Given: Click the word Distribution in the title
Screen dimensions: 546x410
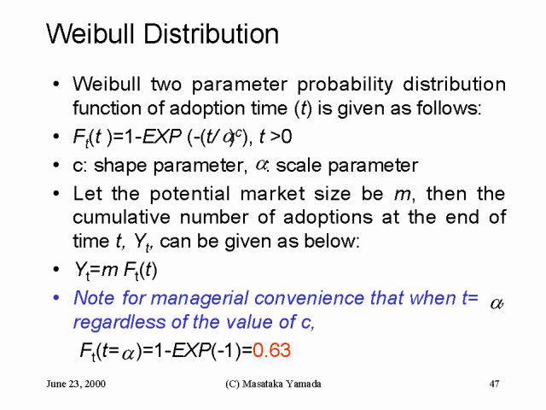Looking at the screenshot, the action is tap(211, 34).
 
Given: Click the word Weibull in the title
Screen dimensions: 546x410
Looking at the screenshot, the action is tap(90, 34).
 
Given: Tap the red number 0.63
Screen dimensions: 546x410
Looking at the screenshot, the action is tap(271, 350).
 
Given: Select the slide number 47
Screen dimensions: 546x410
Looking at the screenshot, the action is tap(494, 384).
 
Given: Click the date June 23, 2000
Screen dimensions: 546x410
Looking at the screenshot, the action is tap(76, 384).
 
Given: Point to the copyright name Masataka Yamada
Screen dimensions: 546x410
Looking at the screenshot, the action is tap(282, 384).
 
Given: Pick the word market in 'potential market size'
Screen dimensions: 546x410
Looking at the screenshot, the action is tap(272, 194).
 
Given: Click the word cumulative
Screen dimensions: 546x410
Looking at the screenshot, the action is tap(121, 218).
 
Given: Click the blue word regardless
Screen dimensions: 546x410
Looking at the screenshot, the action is tap(119, 322).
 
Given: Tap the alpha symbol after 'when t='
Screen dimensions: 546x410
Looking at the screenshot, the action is tap(497, 303).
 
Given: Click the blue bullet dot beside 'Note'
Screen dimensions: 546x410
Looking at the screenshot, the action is tap(56, 298).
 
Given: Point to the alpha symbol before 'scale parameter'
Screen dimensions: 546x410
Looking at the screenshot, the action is tap(261, 165).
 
